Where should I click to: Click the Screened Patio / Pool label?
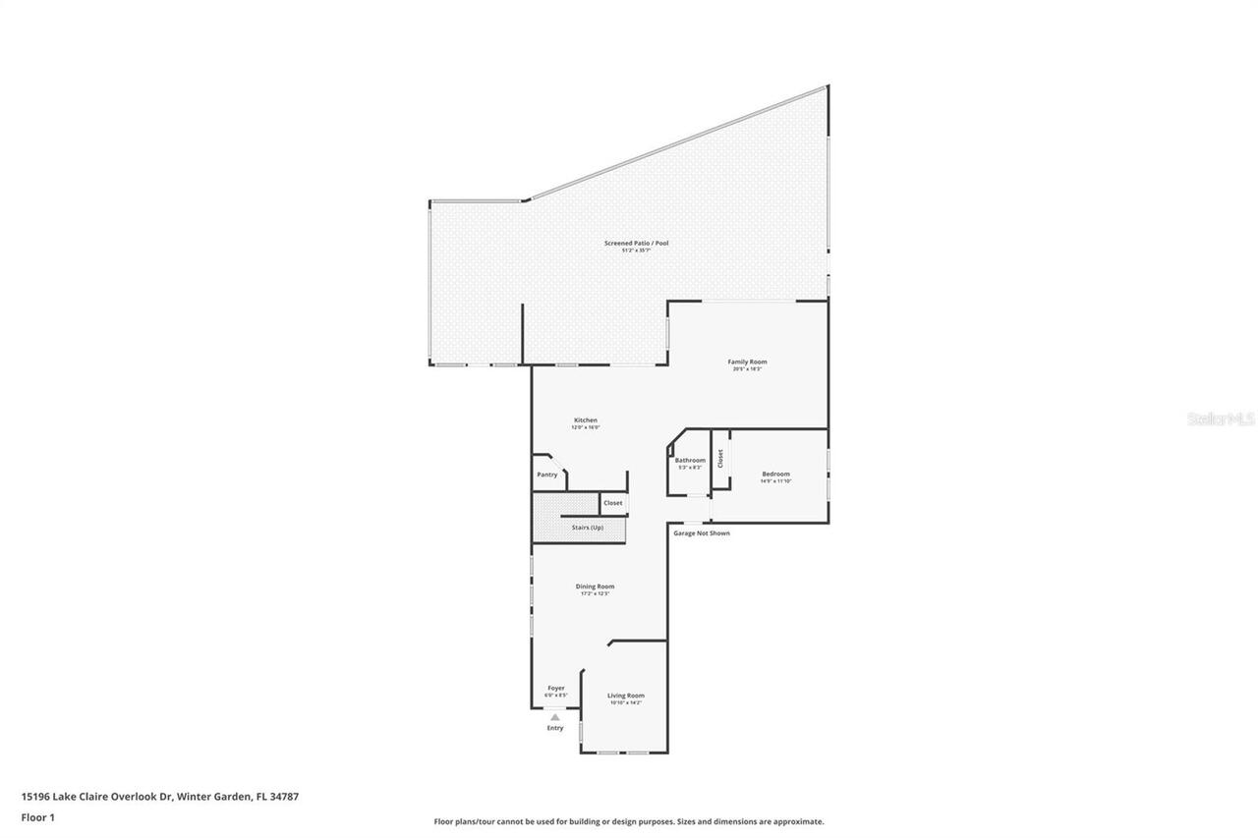(636, 243)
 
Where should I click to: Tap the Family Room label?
(747, 362)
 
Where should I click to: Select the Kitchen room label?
(586, 420)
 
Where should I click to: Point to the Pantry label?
(547, 475)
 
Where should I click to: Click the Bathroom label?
(690, 460)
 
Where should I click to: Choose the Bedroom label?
(775, 474)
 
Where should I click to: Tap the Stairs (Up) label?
(588, 528)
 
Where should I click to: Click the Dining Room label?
(595, 587)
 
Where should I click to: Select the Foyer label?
(556, 688)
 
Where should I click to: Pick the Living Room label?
(625, 696)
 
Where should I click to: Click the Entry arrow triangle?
(555, 717)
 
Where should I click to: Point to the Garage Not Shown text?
(702, 533)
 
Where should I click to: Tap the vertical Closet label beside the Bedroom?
(720, 458)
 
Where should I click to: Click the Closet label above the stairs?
(612, 503)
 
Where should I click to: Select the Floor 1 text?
(38, 817)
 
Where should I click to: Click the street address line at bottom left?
(159, 797)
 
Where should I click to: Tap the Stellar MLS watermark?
(1221, 419)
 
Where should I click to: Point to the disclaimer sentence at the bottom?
(629, 821)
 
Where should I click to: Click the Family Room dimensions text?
(747, 369)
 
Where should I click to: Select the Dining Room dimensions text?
(595, 594)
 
